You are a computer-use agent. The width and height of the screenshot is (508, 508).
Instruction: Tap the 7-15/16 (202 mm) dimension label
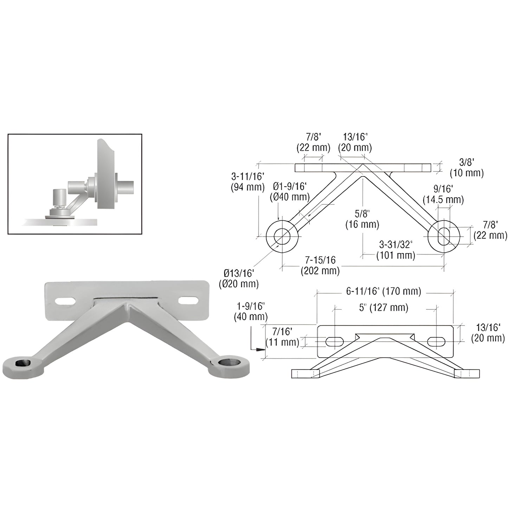pos(320,265)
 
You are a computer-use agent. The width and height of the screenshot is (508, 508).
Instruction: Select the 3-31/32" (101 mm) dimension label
pos(396,250)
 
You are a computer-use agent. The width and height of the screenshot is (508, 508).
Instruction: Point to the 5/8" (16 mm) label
pos(362,219)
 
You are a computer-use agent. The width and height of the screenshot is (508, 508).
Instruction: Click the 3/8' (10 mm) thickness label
pos(467,168)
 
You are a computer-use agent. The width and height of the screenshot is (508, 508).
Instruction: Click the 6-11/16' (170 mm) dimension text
pos(383,291)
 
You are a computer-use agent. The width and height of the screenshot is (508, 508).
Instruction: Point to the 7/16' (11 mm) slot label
pos(282,336)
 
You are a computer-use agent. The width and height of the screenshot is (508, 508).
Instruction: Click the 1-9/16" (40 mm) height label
pos(251,311)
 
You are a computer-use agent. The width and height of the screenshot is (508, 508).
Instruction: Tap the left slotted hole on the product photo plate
pos(66,301)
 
